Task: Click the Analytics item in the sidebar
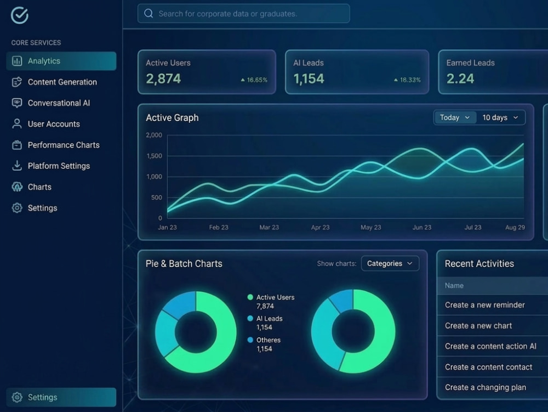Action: point(61,61)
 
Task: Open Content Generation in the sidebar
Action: point(62,82)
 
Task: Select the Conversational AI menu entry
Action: point(59,103)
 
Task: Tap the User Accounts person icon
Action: point(17,124)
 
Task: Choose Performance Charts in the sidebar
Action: point(64,145)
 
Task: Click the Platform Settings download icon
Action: point(17,166)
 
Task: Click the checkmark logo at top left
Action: point(20,15)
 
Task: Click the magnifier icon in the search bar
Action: point(149,13)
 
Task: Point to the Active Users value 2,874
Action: point(163,78)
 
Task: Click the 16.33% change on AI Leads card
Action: point(407,80)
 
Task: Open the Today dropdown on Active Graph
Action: point(455,117)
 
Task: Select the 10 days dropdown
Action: point(500,117)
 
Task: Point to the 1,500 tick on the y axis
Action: point(154,156)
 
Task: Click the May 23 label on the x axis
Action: point(371,227)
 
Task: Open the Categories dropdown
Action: point(390,263)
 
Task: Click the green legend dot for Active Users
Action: point(250,297)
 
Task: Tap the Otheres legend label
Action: point(269,340)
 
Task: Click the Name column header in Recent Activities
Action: point(454,286)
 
